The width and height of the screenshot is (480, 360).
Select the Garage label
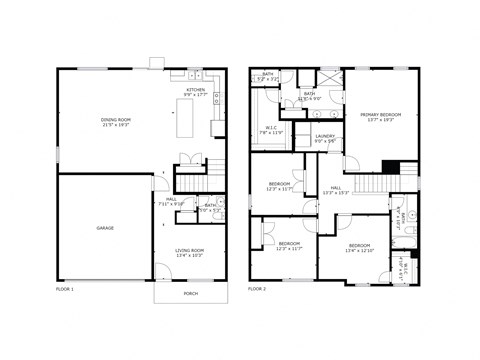point(105,228)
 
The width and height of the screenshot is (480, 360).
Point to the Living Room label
point(190,250)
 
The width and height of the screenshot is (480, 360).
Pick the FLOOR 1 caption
point(65,288)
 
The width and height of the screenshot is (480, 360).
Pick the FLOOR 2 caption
point(257,288)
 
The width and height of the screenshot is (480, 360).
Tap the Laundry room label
point(325,136)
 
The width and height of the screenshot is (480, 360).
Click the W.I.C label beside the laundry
point(272,127)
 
